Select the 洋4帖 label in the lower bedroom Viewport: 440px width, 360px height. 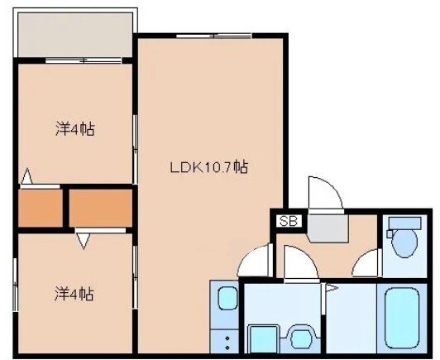point(74,293)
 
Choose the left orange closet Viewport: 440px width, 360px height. point(41,209)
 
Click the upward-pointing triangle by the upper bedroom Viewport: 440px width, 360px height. point(27,176)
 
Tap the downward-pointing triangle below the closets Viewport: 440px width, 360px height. point(83,240)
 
